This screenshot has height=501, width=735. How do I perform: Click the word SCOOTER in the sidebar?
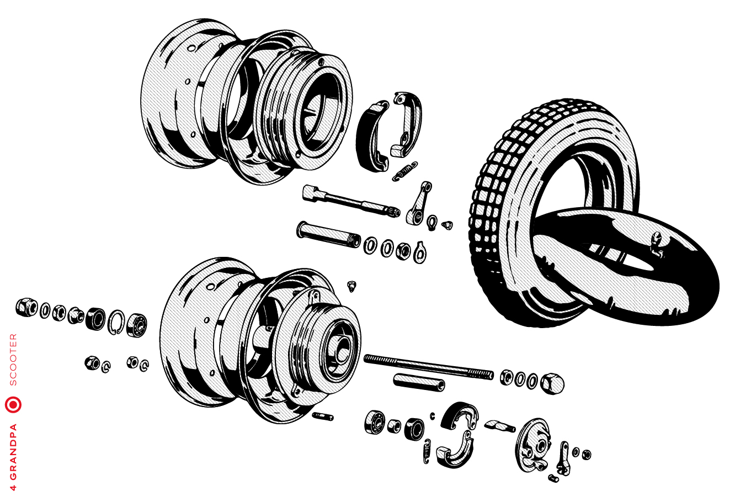tap(13, 359)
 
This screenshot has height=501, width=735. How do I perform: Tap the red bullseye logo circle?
tap(13, 404)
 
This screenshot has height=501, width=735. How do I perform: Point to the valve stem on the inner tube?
tap(656, 243)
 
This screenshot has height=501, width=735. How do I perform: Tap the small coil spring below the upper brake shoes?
tap(405, 171)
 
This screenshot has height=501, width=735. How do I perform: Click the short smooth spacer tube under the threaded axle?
tap(419, 382)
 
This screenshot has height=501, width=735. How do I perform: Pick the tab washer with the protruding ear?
tap(420, 251)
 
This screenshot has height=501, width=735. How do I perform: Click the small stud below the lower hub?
tap(322, 416)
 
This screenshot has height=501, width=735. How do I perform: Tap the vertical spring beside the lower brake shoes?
tap(427, 451)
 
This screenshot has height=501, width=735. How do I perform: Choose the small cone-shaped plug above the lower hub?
tap(351, 286)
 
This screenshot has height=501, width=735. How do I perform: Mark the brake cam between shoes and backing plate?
tap(499, 426)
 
